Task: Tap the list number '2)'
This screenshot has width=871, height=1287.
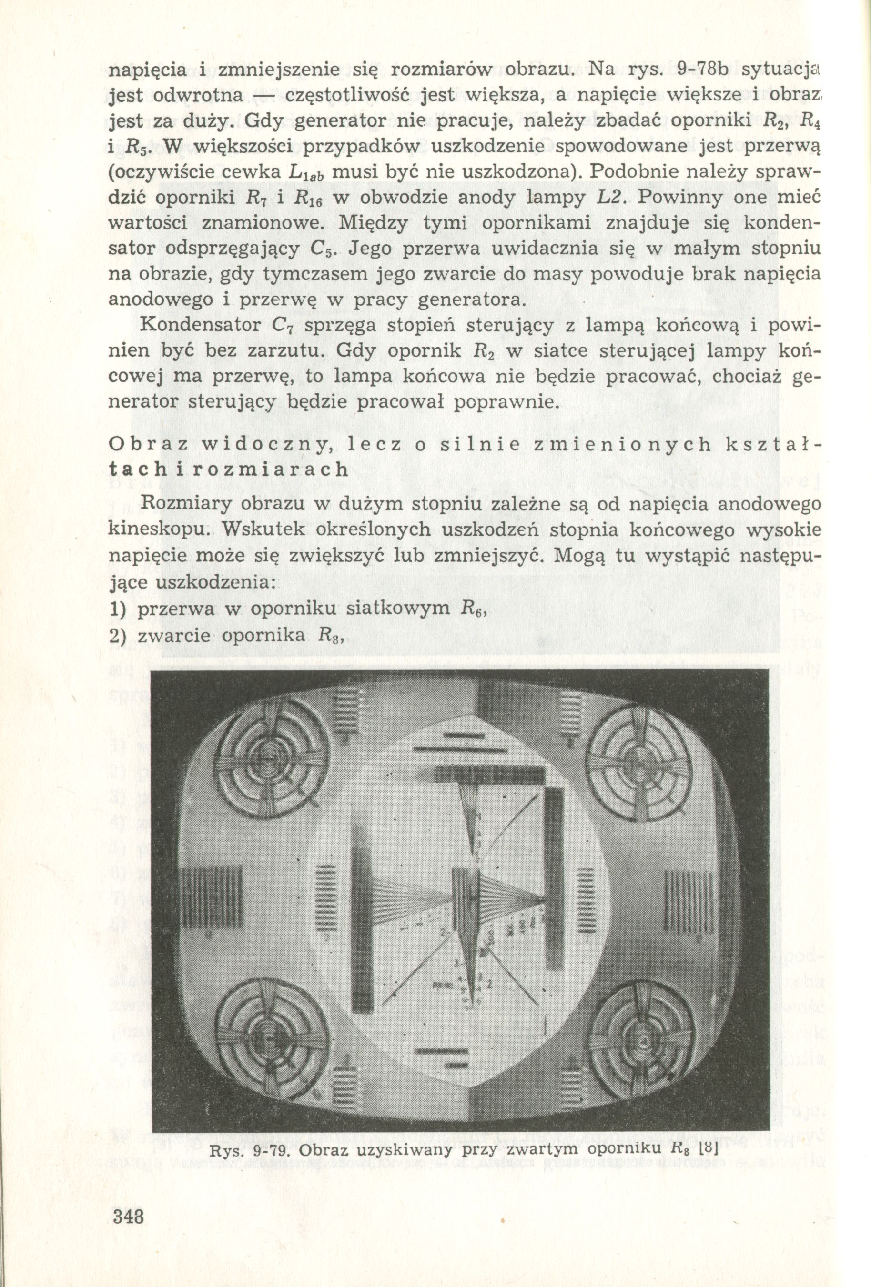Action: click(119, 636)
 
